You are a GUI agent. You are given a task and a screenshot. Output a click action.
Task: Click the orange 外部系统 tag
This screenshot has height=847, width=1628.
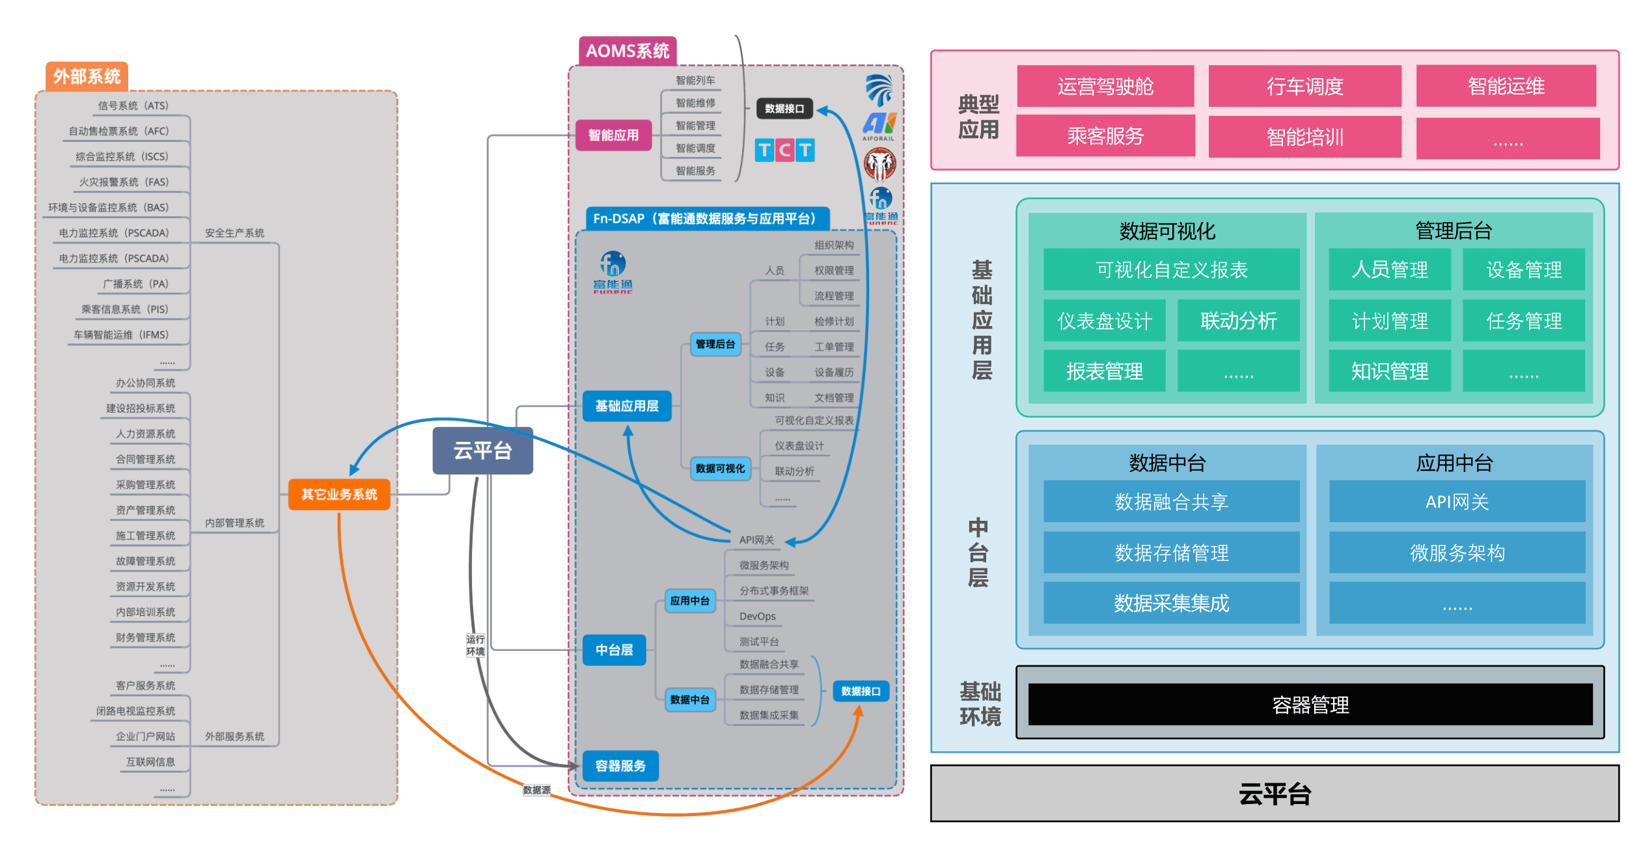87,77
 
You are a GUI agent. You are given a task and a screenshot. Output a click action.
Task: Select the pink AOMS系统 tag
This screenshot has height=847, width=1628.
628,51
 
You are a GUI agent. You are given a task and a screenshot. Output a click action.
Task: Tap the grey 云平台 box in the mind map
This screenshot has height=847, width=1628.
482,451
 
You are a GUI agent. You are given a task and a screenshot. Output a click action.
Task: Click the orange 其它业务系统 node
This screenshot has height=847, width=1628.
339,495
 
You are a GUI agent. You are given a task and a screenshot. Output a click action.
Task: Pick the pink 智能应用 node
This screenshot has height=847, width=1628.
613,135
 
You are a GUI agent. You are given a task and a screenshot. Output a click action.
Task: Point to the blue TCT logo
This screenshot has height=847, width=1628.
784,150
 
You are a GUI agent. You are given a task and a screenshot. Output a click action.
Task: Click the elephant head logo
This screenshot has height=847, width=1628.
879,165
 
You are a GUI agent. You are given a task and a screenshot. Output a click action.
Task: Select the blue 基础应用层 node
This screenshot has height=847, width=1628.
627,406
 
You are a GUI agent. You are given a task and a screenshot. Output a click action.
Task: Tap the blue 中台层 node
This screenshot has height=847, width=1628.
614,650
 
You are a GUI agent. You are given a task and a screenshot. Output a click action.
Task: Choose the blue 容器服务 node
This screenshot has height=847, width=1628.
620,766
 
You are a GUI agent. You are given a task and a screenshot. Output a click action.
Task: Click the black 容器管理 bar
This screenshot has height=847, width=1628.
1310,705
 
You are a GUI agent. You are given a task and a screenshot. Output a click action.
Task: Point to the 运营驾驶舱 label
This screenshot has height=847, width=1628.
1105,87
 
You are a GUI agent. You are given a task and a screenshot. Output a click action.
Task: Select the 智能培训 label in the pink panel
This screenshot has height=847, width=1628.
1304,137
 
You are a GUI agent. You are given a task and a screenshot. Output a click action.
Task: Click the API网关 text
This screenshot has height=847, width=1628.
1457,502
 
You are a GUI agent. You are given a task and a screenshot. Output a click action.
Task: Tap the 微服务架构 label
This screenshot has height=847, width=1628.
1457,553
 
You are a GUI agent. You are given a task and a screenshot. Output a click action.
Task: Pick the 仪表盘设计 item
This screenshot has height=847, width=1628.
1105,321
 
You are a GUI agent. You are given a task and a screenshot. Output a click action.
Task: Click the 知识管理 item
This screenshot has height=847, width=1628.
1390,372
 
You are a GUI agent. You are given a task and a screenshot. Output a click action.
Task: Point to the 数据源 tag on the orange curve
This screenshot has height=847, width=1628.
536,790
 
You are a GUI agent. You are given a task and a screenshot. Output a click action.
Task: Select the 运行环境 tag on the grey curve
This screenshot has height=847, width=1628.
475,645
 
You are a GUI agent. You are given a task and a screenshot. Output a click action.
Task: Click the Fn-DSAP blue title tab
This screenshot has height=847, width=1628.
707,219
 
